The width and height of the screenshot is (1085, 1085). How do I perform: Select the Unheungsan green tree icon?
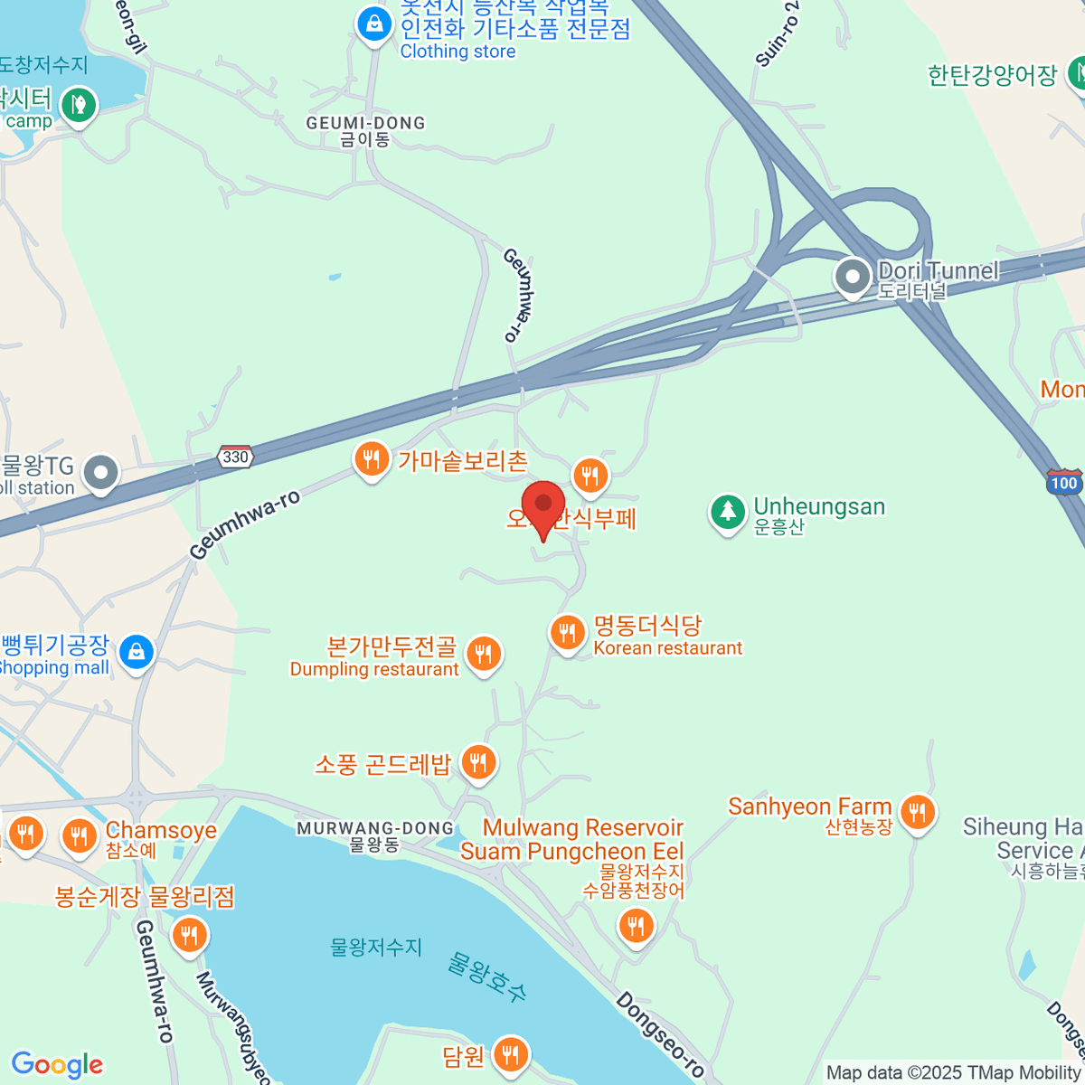pos(727,512)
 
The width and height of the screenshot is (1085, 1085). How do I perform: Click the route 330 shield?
pos(235,457)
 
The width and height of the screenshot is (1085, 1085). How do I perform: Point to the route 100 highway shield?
pos(1064,482)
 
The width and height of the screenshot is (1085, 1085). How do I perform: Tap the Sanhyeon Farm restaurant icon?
pos(918,811)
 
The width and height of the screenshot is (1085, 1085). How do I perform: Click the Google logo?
pos(57,1064)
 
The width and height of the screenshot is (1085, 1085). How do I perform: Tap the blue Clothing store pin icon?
pos(373,24)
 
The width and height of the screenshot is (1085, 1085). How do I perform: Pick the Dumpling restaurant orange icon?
pos(484,653)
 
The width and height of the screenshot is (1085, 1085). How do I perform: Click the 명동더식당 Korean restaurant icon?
pos(567,632)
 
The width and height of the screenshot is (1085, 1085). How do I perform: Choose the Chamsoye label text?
pos(161,830)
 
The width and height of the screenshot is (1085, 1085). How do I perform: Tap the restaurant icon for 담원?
pos(511,1053)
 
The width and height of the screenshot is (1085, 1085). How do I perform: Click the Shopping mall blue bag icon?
pos(137,651)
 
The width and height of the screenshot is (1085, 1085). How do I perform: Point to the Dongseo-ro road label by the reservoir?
pos(660,1034)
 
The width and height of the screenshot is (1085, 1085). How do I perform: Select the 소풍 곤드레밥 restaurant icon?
pos(477,763)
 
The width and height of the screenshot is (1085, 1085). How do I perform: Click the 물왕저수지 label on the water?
pos(376,947)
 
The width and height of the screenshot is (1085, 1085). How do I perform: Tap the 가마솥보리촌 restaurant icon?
pos(371,459)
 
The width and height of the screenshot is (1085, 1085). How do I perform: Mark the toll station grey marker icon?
pos(100,472)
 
